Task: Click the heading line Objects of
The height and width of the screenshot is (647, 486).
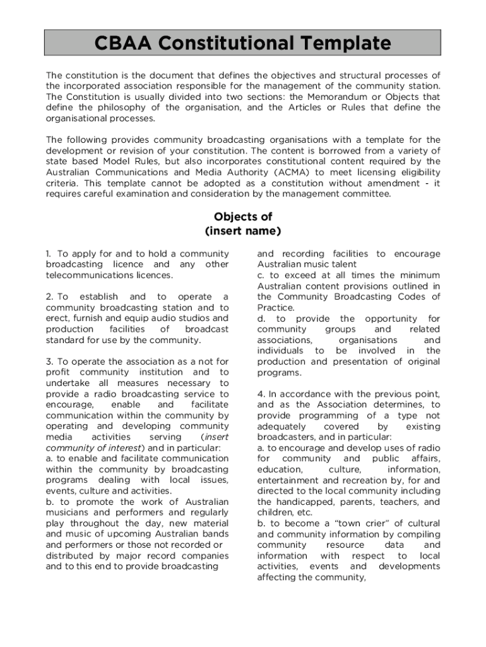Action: tap(243, 217)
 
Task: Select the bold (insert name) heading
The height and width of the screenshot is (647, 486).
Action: tap(243, 231)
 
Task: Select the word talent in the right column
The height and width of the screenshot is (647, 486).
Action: tap(341, 264)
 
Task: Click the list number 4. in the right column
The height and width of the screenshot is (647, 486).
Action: tap(262, 394)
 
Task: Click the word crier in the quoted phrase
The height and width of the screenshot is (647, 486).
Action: tap(360, 523)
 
